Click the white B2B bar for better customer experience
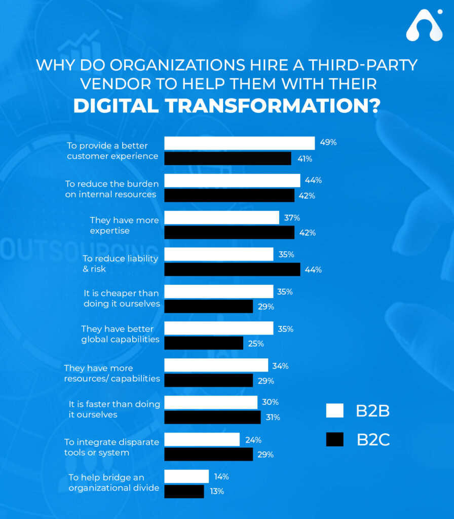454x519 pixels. point(239,143)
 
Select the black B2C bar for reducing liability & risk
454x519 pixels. point(232,269)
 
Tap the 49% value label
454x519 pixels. point(328,142)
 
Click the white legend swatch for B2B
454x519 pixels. point(334,411)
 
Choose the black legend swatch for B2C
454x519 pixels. point(334,439)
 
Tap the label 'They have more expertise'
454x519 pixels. point(124,226)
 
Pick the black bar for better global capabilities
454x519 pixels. point(204,343)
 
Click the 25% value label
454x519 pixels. point(256,344)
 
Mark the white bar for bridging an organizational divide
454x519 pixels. point(186,476)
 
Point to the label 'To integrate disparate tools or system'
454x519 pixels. point(111,447)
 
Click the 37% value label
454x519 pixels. point(292,217)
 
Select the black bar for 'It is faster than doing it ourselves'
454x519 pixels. point(212,417)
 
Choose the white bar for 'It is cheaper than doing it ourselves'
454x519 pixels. point(218,291)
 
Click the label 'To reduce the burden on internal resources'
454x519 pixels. point(111,189)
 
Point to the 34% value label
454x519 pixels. point(280,366)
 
